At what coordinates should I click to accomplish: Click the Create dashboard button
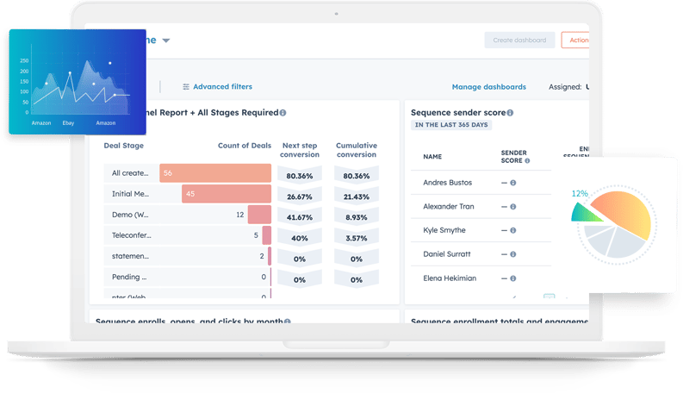(x=519, y=40)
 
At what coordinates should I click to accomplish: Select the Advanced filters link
(x=222, y=87)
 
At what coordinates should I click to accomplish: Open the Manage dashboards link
(x=488, y=87)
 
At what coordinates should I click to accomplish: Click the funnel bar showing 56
(x=215, y=173)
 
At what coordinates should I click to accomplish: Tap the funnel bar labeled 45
(x=226, y=194)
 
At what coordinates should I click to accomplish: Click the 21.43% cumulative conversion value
(x=357, y=197)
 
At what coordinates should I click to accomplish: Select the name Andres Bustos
(x=449, y=183)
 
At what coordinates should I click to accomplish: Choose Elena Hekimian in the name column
(x=449, y=278)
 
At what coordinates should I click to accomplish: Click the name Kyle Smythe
(x=444, y=230)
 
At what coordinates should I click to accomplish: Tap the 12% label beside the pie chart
(x=579, y=193)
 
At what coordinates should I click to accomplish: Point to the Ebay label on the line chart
(x=68, y=123)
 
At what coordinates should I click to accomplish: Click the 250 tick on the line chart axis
(x=24, y=61)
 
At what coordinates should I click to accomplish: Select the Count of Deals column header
(x=244, y=146)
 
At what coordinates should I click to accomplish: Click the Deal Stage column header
(x=124, y=146)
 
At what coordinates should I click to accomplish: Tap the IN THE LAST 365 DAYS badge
(x=451, y=125)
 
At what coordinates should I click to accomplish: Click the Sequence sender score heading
(x=458, y=112)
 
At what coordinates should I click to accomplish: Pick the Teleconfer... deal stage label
(x=131, y=234)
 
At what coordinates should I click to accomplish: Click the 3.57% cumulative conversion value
(x=357, y=238)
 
